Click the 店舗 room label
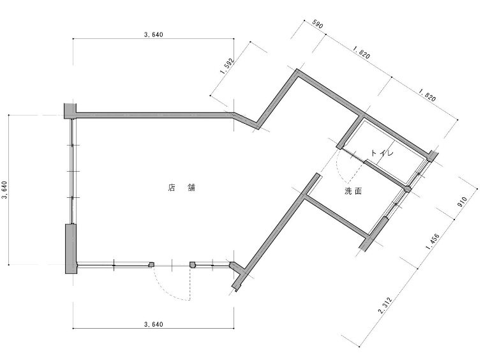coord(182,188)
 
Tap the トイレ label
coord(382,153)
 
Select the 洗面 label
coord(353,191)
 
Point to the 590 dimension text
coord(317,24)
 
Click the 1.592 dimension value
coord(227,66)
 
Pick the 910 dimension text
coord(462,202)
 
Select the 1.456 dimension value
coord(433,241)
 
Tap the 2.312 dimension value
coord(385,305)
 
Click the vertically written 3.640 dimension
coord(4,190)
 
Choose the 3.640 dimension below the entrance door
coord(153,324)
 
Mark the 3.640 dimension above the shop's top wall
coord(153,34)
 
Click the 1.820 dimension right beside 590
coord(361,52)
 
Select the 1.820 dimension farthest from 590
coord(427,95)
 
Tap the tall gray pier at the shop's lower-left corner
coord(71,249)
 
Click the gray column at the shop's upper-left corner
coord(70,110)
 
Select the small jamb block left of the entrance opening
coord(152,265)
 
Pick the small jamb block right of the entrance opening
coord(193,265)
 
